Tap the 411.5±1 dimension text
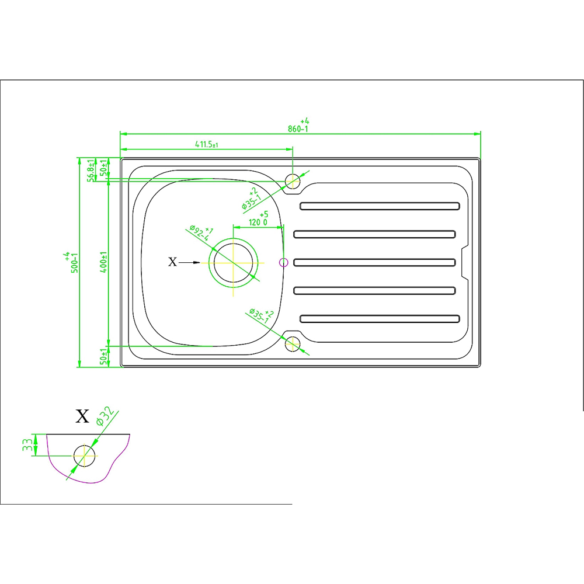tap(207, 144)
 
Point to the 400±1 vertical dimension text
tap(104, 262)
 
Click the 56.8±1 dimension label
tap(91, 170)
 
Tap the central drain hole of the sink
tap(233, 263)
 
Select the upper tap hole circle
tap(293, 182)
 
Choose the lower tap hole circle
tap(293, 344)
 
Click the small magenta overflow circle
tap(283, 263)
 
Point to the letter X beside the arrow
tap(172, 262)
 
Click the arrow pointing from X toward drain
tap(190, 263)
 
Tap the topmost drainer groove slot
tap(380, 206)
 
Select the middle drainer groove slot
tap(374, 263)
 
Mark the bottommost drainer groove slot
tap(380, 319)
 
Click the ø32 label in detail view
tap(105, 416)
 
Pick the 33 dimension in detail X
tap(27, 444)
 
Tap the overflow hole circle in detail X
tap(85, 456)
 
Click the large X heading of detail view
tap(82, 416)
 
